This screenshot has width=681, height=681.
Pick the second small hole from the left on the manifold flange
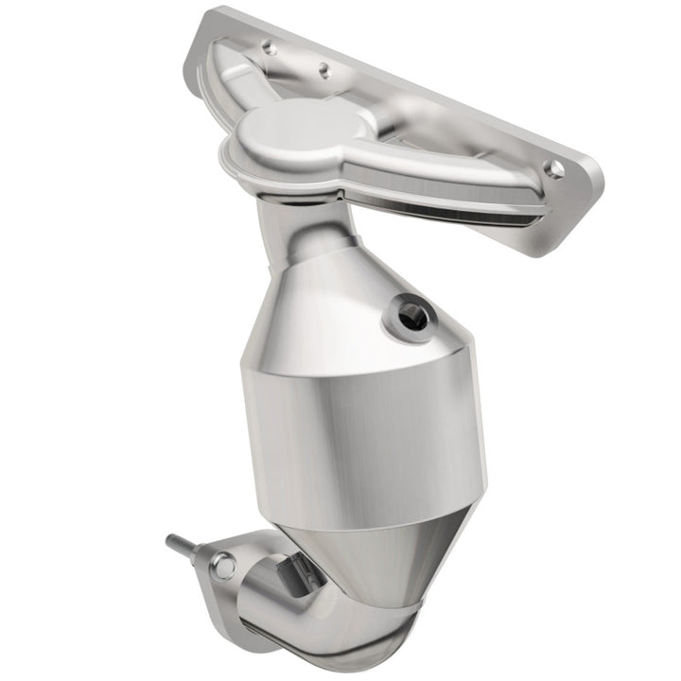point(323,68)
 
